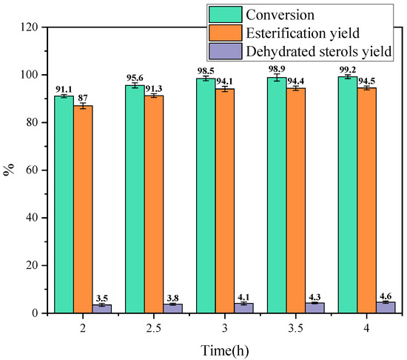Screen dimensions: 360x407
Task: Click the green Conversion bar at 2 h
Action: [64, 204]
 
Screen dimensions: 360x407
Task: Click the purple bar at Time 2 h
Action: [102, 309]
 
